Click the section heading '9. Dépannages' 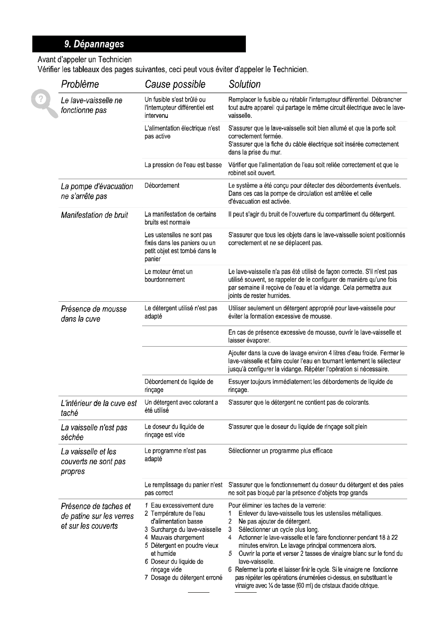tap(94, 44)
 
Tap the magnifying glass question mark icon tap(42, 100)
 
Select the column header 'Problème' tap(80, 84)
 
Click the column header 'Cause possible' tap(175, 84)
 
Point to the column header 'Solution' tap(245, 84)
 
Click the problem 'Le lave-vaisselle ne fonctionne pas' tap(92, 105)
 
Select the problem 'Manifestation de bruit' tap(94, 215)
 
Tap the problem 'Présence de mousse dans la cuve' tap(94, 314)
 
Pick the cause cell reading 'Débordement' tap(162, 186)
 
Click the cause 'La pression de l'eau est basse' tap(183, 165)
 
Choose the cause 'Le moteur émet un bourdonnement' tap(168, 276)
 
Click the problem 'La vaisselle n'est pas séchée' tap(94, 432)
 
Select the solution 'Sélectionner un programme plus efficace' tap(280, 451)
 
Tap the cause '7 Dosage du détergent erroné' tap(183, 578)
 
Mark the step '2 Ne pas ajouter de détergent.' tap(270, 521)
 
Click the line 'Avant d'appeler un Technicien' tap(85, 59)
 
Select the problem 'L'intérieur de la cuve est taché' tap(99, 408)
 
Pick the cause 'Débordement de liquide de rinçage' tap(179, 385)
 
